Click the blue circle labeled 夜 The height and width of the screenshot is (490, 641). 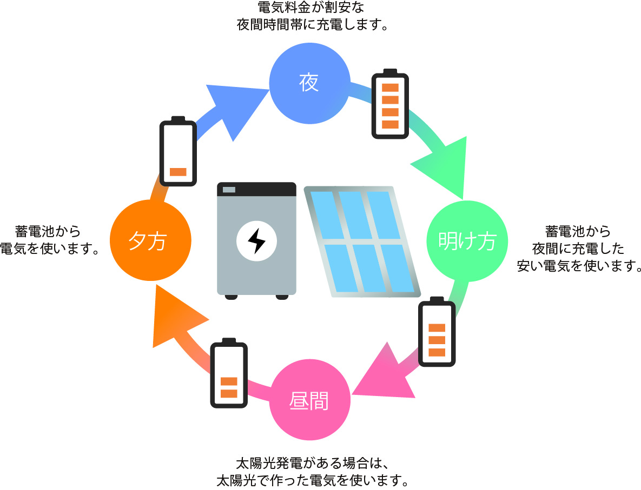point(309,83)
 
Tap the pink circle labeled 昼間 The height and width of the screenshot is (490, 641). point(309,401)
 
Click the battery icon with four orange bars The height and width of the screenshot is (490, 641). point(390,105)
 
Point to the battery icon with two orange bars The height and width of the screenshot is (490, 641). point(229,374)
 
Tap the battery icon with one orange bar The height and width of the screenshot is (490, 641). point(178,152)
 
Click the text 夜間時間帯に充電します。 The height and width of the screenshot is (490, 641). point(313,25)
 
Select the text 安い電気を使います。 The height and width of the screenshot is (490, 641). point(579,265)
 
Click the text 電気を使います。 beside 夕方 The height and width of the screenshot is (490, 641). point(49,249)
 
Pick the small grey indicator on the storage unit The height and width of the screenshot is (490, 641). point(229,189)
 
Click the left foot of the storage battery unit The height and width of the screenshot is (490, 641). point(231,297)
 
